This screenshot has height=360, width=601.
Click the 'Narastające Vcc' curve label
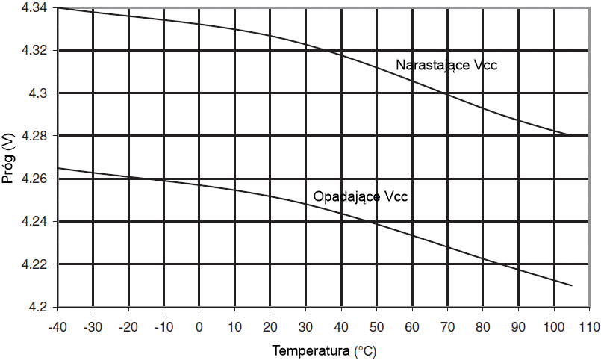[x=446, y=66]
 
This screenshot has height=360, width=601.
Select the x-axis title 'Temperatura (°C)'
[x=324, y=350]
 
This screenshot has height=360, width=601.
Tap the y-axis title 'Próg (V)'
[x=8, y=158]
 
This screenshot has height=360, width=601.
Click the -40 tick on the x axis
[x=57, y=326]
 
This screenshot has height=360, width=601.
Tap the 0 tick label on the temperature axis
[x=199, y=326]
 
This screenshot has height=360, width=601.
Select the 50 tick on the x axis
[x=376, y=326]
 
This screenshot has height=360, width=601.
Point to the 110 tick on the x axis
[x=589, y=326]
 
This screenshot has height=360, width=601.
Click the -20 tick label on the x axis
[x=128, y=326]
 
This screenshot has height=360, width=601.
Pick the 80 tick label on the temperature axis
[x=482, y=326]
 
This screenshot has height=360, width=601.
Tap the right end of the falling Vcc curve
[x=571, y=285]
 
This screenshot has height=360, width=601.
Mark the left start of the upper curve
[x=58, y=7]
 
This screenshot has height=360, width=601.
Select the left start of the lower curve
[x=58, y=168]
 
